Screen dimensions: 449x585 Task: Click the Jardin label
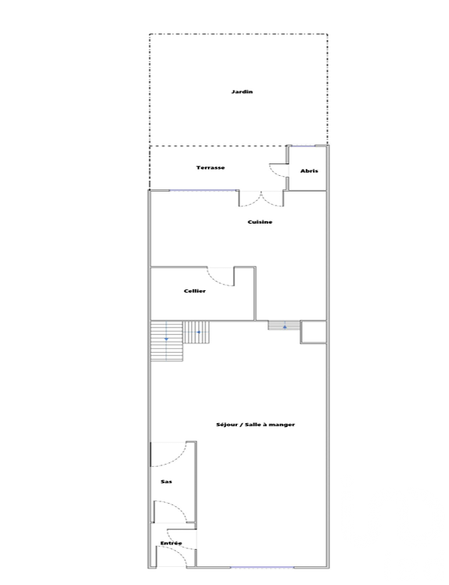click(x=242, y=92)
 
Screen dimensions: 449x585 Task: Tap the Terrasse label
click(x=210, y=167)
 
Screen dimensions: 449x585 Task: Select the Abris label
click(x=309, y=170)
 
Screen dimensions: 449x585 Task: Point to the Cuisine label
click(x=260, y=222)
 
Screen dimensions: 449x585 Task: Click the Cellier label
click(x=195, y=291)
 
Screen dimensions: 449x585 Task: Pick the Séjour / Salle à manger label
click(x=255, y=425)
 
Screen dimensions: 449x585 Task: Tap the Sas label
click(x=166, y=482)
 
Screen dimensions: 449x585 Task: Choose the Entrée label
click(x=171, y=544)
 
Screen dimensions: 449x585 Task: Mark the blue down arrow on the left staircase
click(x=167, y=339)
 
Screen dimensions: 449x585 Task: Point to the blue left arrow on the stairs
click(x=199, y=332)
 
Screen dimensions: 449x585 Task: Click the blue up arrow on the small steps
click(x=285, y=326)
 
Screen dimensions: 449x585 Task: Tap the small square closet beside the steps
click(x=314, y=332)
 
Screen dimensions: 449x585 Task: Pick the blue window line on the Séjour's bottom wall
click(x=262, y=568)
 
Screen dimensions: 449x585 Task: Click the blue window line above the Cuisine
click(x=203, y=191)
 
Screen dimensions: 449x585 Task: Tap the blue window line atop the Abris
click(x=302, y=146)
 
